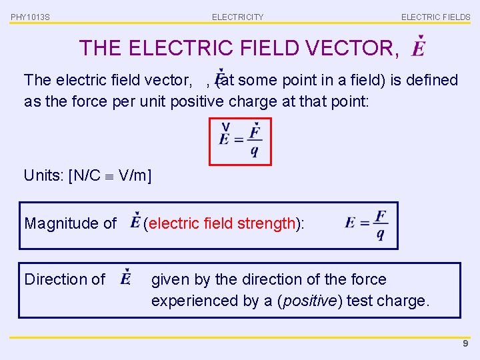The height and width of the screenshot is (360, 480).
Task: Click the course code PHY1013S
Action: point(29,17)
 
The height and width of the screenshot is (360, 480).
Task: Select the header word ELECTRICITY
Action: point(237,17)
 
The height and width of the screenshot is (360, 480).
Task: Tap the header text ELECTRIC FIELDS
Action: point(435,17)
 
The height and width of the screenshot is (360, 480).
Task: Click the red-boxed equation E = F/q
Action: point(240,141)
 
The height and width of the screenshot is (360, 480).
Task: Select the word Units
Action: point(42,175)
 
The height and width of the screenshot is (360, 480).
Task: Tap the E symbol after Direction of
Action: point(126,279)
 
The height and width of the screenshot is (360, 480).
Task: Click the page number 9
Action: point(465,343)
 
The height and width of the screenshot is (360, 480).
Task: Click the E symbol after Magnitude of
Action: point(135,223)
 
